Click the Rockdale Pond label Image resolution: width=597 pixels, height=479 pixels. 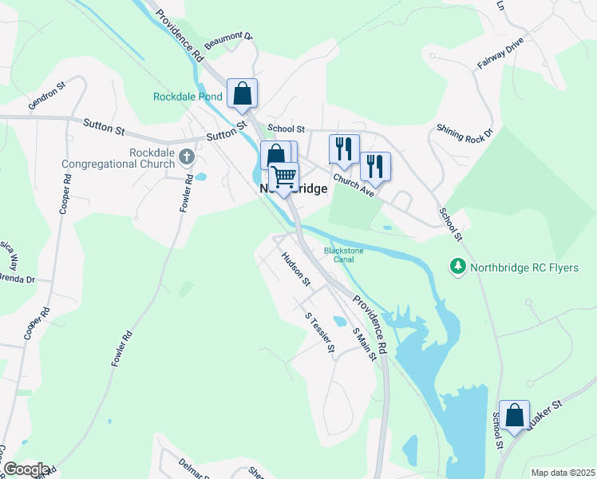(188, 97)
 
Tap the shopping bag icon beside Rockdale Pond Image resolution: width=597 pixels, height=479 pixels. (242, 93)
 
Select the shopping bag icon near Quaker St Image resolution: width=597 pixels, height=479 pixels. (515, 415)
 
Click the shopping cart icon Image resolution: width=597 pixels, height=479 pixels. (283, 177)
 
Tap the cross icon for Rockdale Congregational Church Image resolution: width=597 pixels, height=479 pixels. (187, 155)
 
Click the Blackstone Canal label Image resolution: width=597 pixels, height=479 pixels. (344, 255)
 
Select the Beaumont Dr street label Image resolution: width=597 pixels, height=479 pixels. (228, 42)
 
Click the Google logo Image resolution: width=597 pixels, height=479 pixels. (25, 469)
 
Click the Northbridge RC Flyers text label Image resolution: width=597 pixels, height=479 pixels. (524, 267)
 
